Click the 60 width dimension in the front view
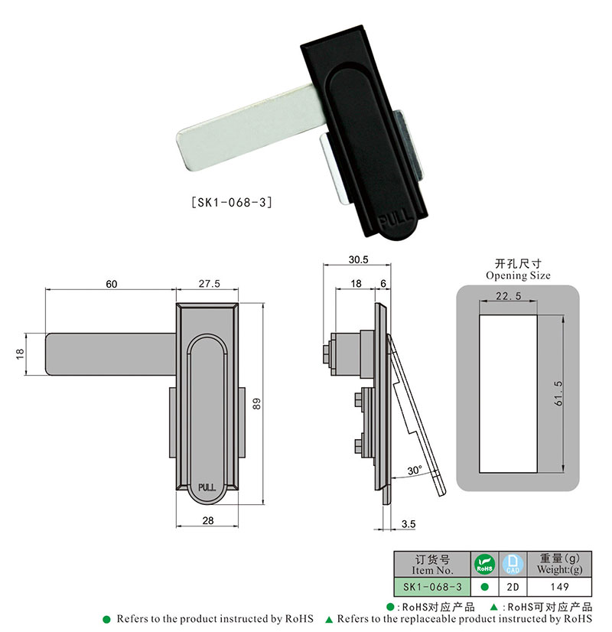111,283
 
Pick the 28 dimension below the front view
208,520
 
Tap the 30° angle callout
414,471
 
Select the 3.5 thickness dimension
409,524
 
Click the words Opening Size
518,275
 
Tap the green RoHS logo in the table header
483,565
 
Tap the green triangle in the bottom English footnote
328,618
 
